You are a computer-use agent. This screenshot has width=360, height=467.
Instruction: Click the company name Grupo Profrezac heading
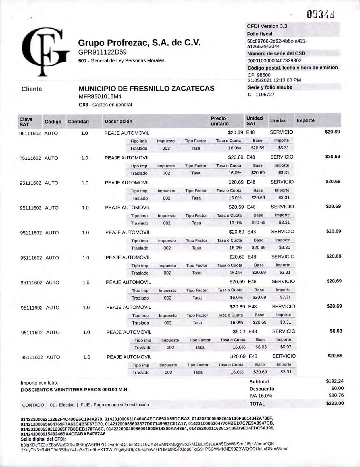[139, 43]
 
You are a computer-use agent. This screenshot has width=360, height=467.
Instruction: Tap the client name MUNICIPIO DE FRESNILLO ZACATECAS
[146, 89]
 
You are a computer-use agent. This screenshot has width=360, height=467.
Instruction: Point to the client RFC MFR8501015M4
[100, 97]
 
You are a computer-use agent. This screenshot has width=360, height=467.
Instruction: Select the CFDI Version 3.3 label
[267, 26]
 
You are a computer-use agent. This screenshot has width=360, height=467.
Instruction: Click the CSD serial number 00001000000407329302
[274, 61]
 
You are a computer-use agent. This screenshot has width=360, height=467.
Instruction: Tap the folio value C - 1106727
[261, 94]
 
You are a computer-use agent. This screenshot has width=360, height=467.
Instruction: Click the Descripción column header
[118, 121]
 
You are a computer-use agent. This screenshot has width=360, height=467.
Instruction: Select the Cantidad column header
[78, 121]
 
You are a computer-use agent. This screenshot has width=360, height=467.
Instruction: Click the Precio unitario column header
[220, 121]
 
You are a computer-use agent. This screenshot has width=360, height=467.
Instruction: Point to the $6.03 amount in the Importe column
[336, 331]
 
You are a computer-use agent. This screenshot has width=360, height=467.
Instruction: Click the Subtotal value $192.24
[335, 382]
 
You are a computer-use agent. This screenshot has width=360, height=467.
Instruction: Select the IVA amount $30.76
[336, 395]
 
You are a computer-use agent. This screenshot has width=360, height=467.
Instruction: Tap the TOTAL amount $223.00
[335, 403]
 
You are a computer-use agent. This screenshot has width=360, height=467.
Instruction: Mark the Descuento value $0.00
[337, 389]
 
